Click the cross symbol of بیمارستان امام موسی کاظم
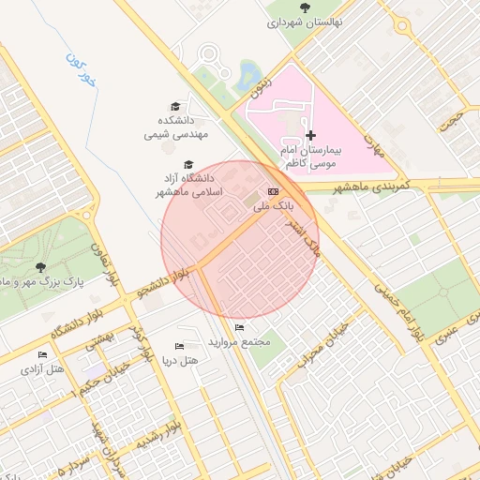tap(311, 136)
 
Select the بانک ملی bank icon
tap(273, 190)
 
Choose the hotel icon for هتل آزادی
tap(42, 354)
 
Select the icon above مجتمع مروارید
tap(240, 328)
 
